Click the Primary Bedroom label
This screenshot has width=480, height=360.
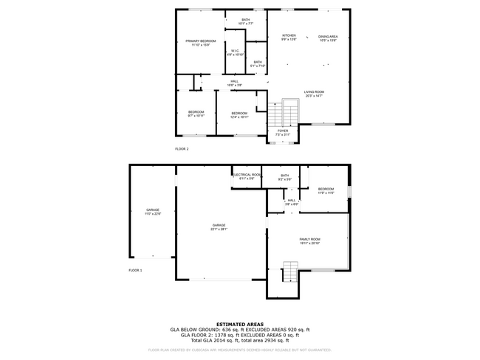click(201, 43)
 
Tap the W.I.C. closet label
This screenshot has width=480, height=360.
click(235, 52)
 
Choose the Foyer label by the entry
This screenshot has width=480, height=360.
click(283, 132)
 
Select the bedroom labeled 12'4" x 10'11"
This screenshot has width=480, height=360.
click(239, 114)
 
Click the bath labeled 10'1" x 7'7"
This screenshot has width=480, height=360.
click(246, 21)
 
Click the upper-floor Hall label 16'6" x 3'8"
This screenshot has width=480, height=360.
click(234, 83)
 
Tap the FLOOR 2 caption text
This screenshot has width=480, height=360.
click(182, 149)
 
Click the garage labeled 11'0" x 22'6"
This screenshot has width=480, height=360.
click(153, 212)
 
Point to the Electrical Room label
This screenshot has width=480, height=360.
click(247, 176)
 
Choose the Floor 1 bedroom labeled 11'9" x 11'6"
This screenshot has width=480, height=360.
click(326, 190)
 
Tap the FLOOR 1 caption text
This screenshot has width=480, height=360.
click(135, 271)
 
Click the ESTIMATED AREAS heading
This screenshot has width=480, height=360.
click(241, 323)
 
